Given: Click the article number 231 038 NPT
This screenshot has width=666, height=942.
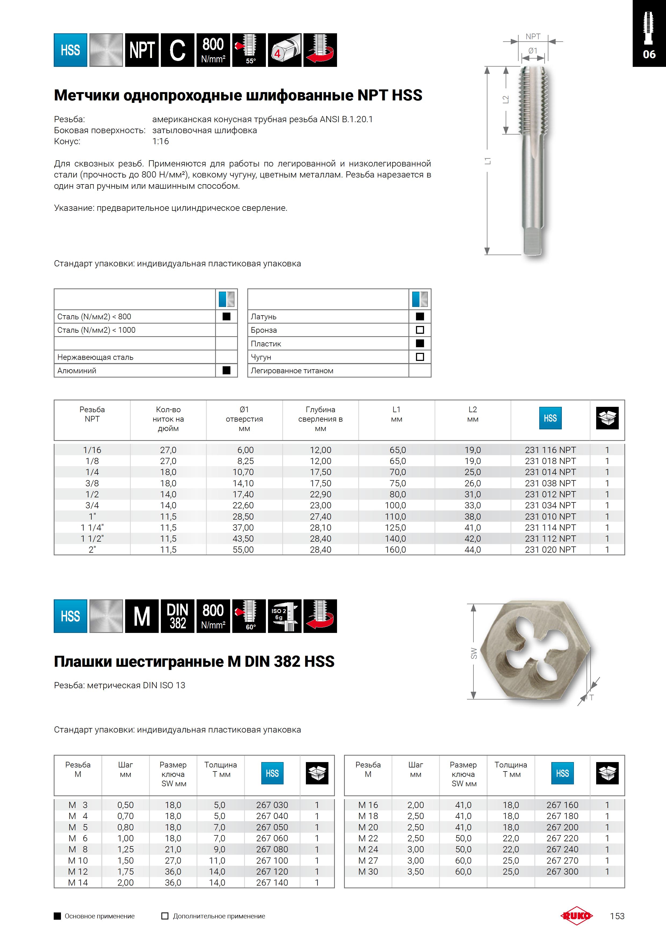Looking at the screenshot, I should [550, 483].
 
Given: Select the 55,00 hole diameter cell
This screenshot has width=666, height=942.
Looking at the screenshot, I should [243, 550].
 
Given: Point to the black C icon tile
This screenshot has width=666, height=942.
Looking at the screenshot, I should [177, 50].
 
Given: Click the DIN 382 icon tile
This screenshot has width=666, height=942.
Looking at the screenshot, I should [177, 616].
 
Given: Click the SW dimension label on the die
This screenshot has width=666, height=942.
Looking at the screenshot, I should [473, 653].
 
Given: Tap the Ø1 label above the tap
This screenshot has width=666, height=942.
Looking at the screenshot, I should [533, 51].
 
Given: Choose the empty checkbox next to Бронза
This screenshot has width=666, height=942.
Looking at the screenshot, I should [420, 330].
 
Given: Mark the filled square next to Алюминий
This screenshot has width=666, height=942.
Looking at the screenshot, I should [226, 371].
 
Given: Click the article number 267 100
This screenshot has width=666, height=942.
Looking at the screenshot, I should [272, 860].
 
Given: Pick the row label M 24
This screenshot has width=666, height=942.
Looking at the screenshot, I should [368, 849].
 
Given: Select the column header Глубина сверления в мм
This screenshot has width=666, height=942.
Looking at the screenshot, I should [320, 419].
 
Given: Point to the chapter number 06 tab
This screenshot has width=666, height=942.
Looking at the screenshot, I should [649, 54].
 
